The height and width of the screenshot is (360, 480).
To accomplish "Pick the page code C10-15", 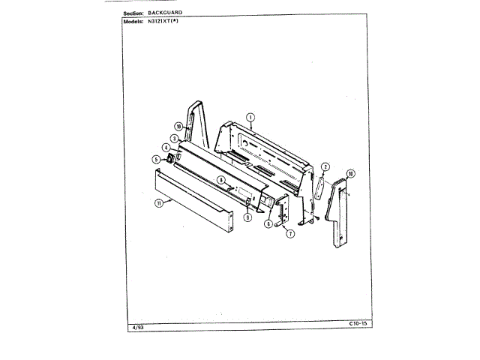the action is [358, 324].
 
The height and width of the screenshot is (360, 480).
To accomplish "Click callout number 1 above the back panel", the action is [251, 117].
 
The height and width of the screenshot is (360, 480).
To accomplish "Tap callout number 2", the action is [325, 166].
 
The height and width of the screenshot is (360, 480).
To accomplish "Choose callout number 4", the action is [165, 148].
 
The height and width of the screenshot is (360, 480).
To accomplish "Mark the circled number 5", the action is [156, 159].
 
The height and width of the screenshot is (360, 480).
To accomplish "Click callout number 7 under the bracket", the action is [290, 233].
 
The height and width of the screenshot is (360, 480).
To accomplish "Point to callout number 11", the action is [159, 203].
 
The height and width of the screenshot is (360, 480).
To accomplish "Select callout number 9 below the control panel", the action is [246, 217].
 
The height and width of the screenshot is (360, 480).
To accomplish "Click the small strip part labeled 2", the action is [317, 187].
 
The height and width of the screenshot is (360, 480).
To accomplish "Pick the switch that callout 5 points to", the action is [171, 159].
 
